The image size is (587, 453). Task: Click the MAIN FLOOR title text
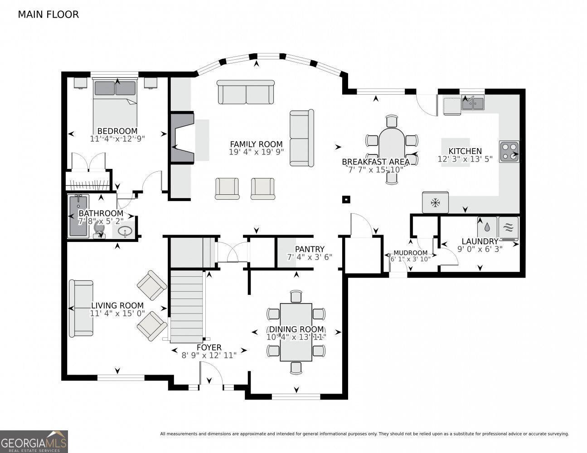tap(48, 14)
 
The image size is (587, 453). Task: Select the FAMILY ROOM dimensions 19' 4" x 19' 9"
tap(256, 152)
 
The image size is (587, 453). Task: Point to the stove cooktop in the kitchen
tap(509, 152)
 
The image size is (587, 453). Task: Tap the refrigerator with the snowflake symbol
tap(435, 202)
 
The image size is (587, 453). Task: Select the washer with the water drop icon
tap(487, 226)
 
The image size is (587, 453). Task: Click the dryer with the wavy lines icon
tap(508, 226)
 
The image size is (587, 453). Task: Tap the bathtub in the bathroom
tap(79, 216)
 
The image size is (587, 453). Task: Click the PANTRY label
tap(310, 249)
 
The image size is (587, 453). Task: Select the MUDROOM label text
tap(410, 253)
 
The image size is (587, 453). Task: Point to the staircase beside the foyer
tap(186, 307)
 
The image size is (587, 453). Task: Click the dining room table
tap(296, 332)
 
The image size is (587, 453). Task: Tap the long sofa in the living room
tap(81, 308)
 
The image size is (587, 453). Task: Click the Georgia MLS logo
tap(34, 441)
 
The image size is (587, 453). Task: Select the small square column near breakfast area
tap(346, 199)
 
